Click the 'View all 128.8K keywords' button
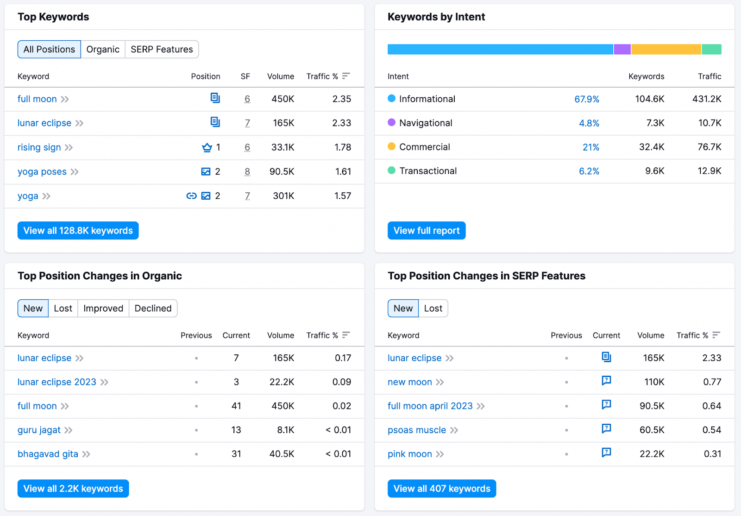(x=78, y=231)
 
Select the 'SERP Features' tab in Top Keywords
(x=162, y=50)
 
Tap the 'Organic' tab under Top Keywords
(x=103, y=50)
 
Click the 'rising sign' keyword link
(x=39, y=147)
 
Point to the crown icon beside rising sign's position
(x=207, y=147)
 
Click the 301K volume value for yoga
(x=283, y=196)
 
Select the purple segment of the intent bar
(x=622, y=50)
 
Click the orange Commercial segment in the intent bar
(x=666, y=50)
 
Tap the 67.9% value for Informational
(x=586, y=99)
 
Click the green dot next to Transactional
(x=391, y=170)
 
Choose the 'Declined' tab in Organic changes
(x=153, y=308)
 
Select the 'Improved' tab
(x=103, y=308)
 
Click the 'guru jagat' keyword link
(x=39, y=430)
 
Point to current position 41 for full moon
(x=236, y=406)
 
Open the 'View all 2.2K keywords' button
(x=73, y=489)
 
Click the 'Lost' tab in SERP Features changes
(x=433, y=308)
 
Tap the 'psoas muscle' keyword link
(x=417, y=430)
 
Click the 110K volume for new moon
(x=654, y=382)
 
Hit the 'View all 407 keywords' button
(x=441, y=489)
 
